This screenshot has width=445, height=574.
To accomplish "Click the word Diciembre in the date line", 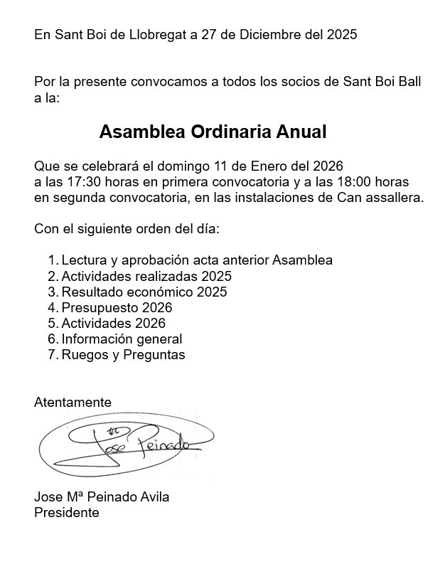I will point(266,34).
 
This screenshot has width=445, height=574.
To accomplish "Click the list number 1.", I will point(52,260).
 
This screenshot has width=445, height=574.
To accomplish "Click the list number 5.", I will point(52,324).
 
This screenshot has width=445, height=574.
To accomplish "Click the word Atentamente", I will point(73,403).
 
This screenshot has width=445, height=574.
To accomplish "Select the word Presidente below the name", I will point(67,512).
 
